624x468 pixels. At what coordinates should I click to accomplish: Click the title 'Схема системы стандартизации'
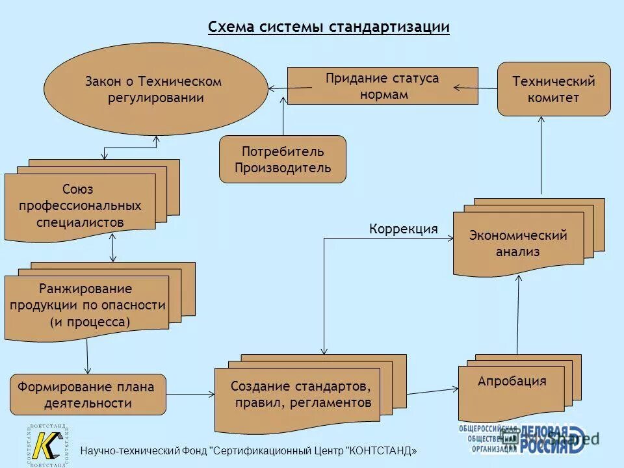[328, 27]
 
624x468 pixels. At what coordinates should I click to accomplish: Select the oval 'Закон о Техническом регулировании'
[155, 89]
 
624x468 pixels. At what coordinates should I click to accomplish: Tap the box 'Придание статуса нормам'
[383, 86]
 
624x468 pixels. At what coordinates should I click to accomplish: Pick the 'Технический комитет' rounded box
[554, 90]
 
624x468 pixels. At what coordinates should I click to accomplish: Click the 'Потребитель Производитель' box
[283, 159]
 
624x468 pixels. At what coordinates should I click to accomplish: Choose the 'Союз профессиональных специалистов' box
[80, 206]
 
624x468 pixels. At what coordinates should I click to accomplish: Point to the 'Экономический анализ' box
[518, 244]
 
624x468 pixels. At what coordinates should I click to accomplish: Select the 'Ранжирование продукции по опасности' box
[86, 305]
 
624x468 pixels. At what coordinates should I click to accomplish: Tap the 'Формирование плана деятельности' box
[88, 395]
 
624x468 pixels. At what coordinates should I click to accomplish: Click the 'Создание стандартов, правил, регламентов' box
[300, 395]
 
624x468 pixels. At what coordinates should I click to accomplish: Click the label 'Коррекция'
[404, 229]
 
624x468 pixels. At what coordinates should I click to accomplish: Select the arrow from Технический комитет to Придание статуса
[475, 86]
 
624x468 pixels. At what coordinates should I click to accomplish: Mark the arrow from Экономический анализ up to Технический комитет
[541, 156]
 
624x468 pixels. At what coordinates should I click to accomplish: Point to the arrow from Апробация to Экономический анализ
[518, 315]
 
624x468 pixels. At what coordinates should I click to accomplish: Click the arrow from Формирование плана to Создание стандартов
[190, 394]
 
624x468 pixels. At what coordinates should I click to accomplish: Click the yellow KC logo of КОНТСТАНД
[48, 446]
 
